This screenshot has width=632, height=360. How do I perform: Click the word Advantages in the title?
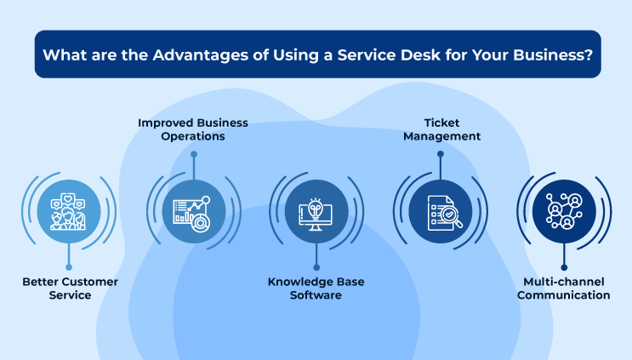(201, 54)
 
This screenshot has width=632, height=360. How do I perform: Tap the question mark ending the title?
(589, 54)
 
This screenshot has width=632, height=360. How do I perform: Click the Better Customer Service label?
(70, 289)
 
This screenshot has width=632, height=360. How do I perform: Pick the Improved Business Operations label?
(193, 129)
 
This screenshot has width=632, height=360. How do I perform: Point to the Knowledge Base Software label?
(316, 289)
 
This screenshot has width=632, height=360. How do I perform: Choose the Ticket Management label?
(441, 129)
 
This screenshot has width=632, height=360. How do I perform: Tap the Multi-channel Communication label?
(563, 289)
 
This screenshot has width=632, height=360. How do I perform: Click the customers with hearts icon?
(68, 212)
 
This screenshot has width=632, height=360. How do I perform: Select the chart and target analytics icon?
(192, 214)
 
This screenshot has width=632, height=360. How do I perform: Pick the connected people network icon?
(564, 211)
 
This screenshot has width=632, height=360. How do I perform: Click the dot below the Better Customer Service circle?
(69, 267)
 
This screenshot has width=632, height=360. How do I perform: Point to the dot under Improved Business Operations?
(194, 154)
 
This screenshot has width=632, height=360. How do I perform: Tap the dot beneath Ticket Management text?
(441, 154)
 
